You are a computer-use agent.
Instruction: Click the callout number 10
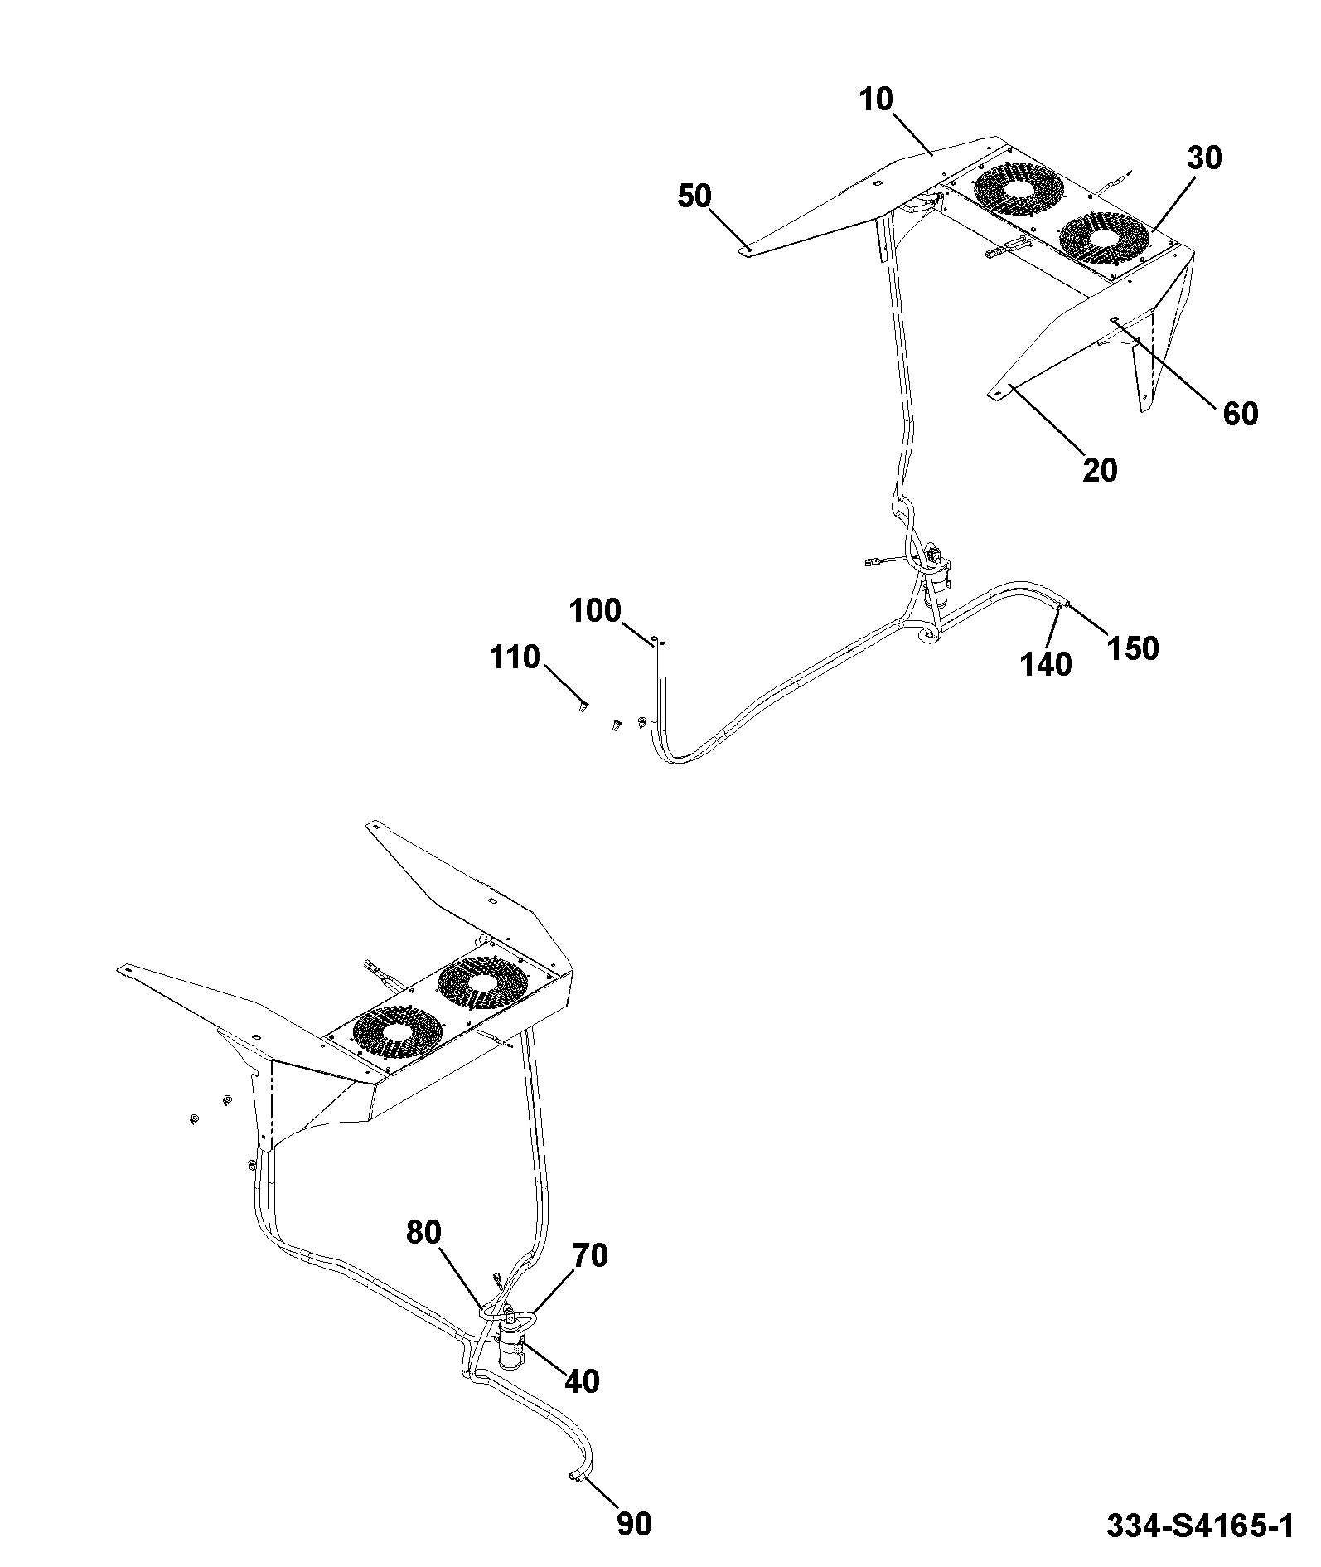(x=877, y=100)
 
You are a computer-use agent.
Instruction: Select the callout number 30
(x=1204, y=158)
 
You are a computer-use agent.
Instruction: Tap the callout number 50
(x=694, y=196)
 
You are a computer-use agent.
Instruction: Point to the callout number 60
(x=1241, y=413)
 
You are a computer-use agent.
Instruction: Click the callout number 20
(x=1100, y=470)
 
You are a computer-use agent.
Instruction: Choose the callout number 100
(x=595, y=611)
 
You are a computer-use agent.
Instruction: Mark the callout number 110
(x=515, y=657)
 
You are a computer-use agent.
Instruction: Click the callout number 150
(x=1133, y=648)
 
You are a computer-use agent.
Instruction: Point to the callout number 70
(x=590, y=1256)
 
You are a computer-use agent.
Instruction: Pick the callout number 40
(x=582, y=1381)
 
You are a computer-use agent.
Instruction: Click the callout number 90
(x=635, y=1524)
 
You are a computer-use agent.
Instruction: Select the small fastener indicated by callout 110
(x=583, y=706)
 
